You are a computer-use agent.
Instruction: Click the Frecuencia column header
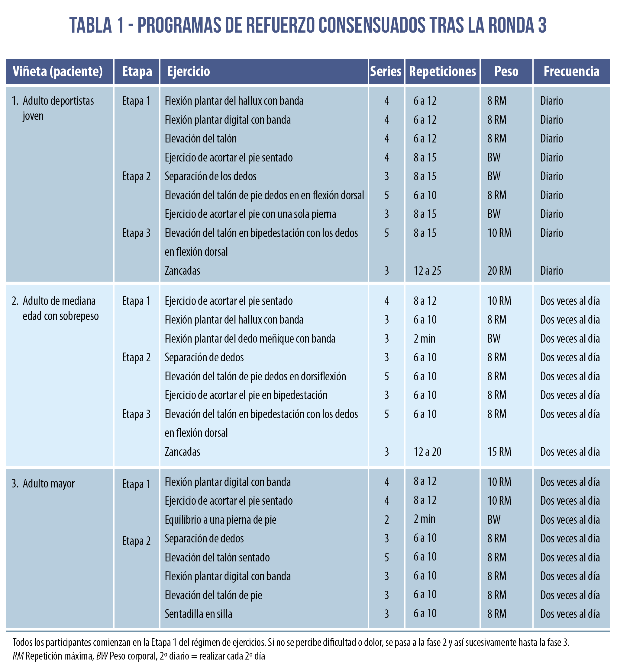pyautogui.click(x=571, y=71)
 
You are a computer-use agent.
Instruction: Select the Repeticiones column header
pyautogui.click(x=442, y=71)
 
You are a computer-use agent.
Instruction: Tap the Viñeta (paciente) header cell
pyautogui.click(x=57, y=71)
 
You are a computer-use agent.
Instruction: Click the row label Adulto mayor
pyautogui.click(x=48, y=484)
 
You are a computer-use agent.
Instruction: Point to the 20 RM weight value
pyautogui.click(x=499, y=270)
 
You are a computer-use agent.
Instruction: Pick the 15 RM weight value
pyautogui.click(x=499, y=452)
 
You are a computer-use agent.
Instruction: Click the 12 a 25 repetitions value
pyautogui.click(x=427, y=270)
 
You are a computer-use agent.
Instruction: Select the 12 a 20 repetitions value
pyautogui.click(x=427, y=452)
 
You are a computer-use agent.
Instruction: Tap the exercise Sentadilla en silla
pyautogui.click(x=198, y=614)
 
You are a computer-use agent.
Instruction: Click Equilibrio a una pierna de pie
pyautogui.click(x=220, y=519)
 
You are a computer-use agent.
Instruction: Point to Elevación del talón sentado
pyautogui.click(x=217, y=557)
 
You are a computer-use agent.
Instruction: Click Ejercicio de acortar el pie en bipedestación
pyautogui.click(x=246, y=395)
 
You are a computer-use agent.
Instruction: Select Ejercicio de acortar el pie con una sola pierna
pyautogui.click(x=250, y=214)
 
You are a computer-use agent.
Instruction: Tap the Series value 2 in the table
pyautogui.click(x=387, y=519)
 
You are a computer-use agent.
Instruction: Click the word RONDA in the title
pyautogui.click(x=511, y=25)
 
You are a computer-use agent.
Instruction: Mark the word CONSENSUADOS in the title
pyautogui.click(x=372, y=25)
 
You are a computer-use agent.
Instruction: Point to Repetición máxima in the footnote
pyautogui.click(x=59, y=656)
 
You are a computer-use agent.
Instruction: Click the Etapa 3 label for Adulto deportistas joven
pyautogui.click(x=136, y=233)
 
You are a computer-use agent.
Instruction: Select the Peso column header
pyautogui.click(x=506, y=71)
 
